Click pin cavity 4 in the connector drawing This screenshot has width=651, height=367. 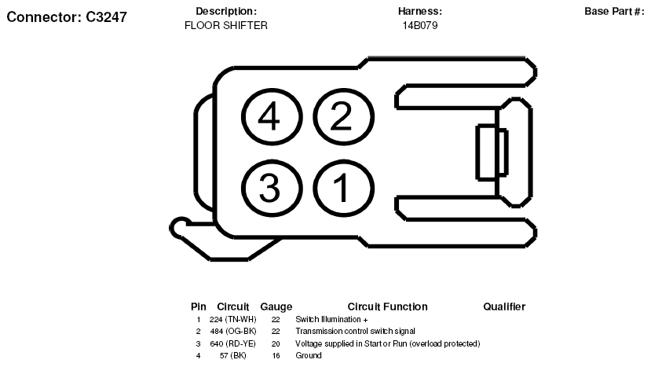(x=272, y=117)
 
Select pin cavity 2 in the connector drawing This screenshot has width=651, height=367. (x=343, y=117)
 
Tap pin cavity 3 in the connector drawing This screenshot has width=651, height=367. (x=272, y=189)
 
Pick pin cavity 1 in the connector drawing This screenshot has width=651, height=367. (x=343, y=189)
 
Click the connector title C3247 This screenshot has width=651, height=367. (x=67, y=17)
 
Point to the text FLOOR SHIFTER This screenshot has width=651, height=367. (x=226, y=25)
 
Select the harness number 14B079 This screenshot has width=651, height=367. (x=420, y=25)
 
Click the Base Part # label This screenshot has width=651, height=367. (x=614, y=11)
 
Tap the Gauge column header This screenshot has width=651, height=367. (x=276, y=306)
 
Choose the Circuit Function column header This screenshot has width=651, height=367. (x=387, y=306)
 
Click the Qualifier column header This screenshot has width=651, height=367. (x=504, y=306)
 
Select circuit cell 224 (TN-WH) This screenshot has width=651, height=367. (x=233, y=320)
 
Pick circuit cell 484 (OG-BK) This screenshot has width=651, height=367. (x=233, y=332)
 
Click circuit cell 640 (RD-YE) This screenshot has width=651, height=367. (x=233, y=343)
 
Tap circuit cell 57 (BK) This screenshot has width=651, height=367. (x=233, y=355)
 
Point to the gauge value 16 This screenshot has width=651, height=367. (x=276, y=355)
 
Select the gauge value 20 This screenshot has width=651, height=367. (x=276, y=343)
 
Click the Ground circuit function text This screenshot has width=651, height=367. (x=309, y=355)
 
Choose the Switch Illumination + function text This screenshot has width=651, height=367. (x=331, y=320)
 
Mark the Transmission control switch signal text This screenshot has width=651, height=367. (x=356, y=332)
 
